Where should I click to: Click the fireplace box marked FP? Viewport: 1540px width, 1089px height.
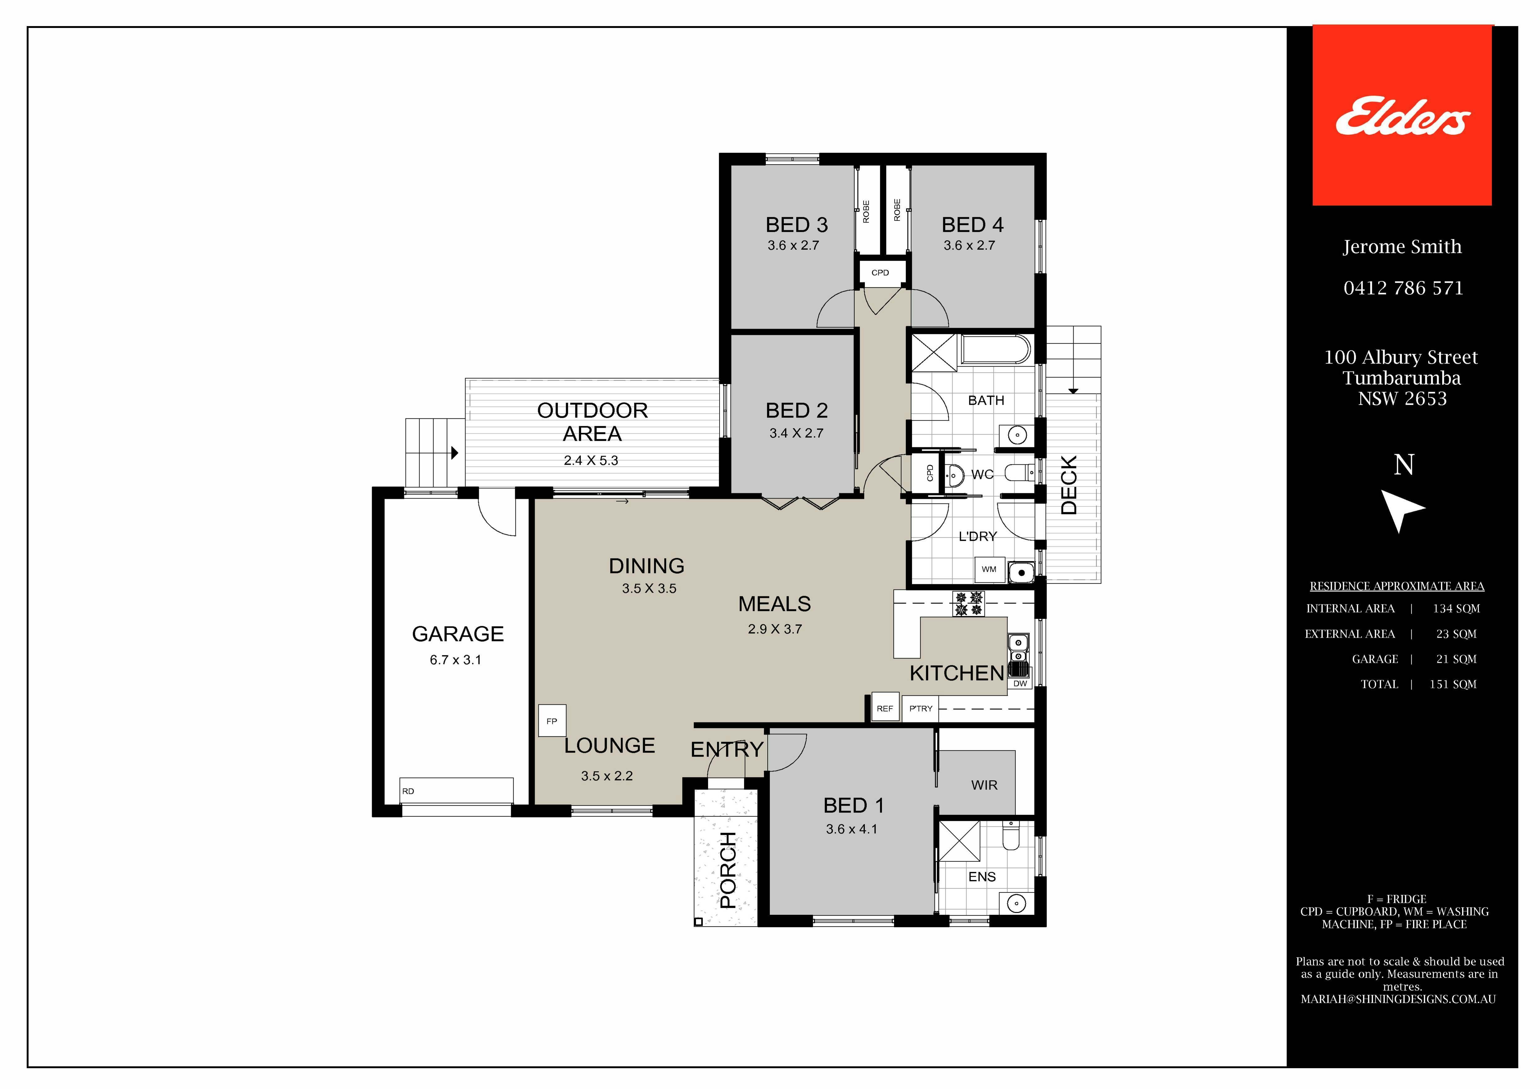click(552, 721)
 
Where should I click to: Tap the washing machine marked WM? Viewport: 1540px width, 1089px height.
click(989, 569)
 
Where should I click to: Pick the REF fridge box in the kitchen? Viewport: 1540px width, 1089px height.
click(885, 708)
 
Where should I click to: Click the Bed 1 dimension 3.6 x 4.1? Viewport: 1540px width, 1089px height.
click(852, 829)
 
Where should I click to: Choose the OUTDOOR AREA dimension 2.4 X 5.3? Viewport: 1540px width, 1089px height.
click(591, 460)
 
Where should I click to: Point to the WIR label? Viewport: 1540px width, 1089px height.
click(984, 785)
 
